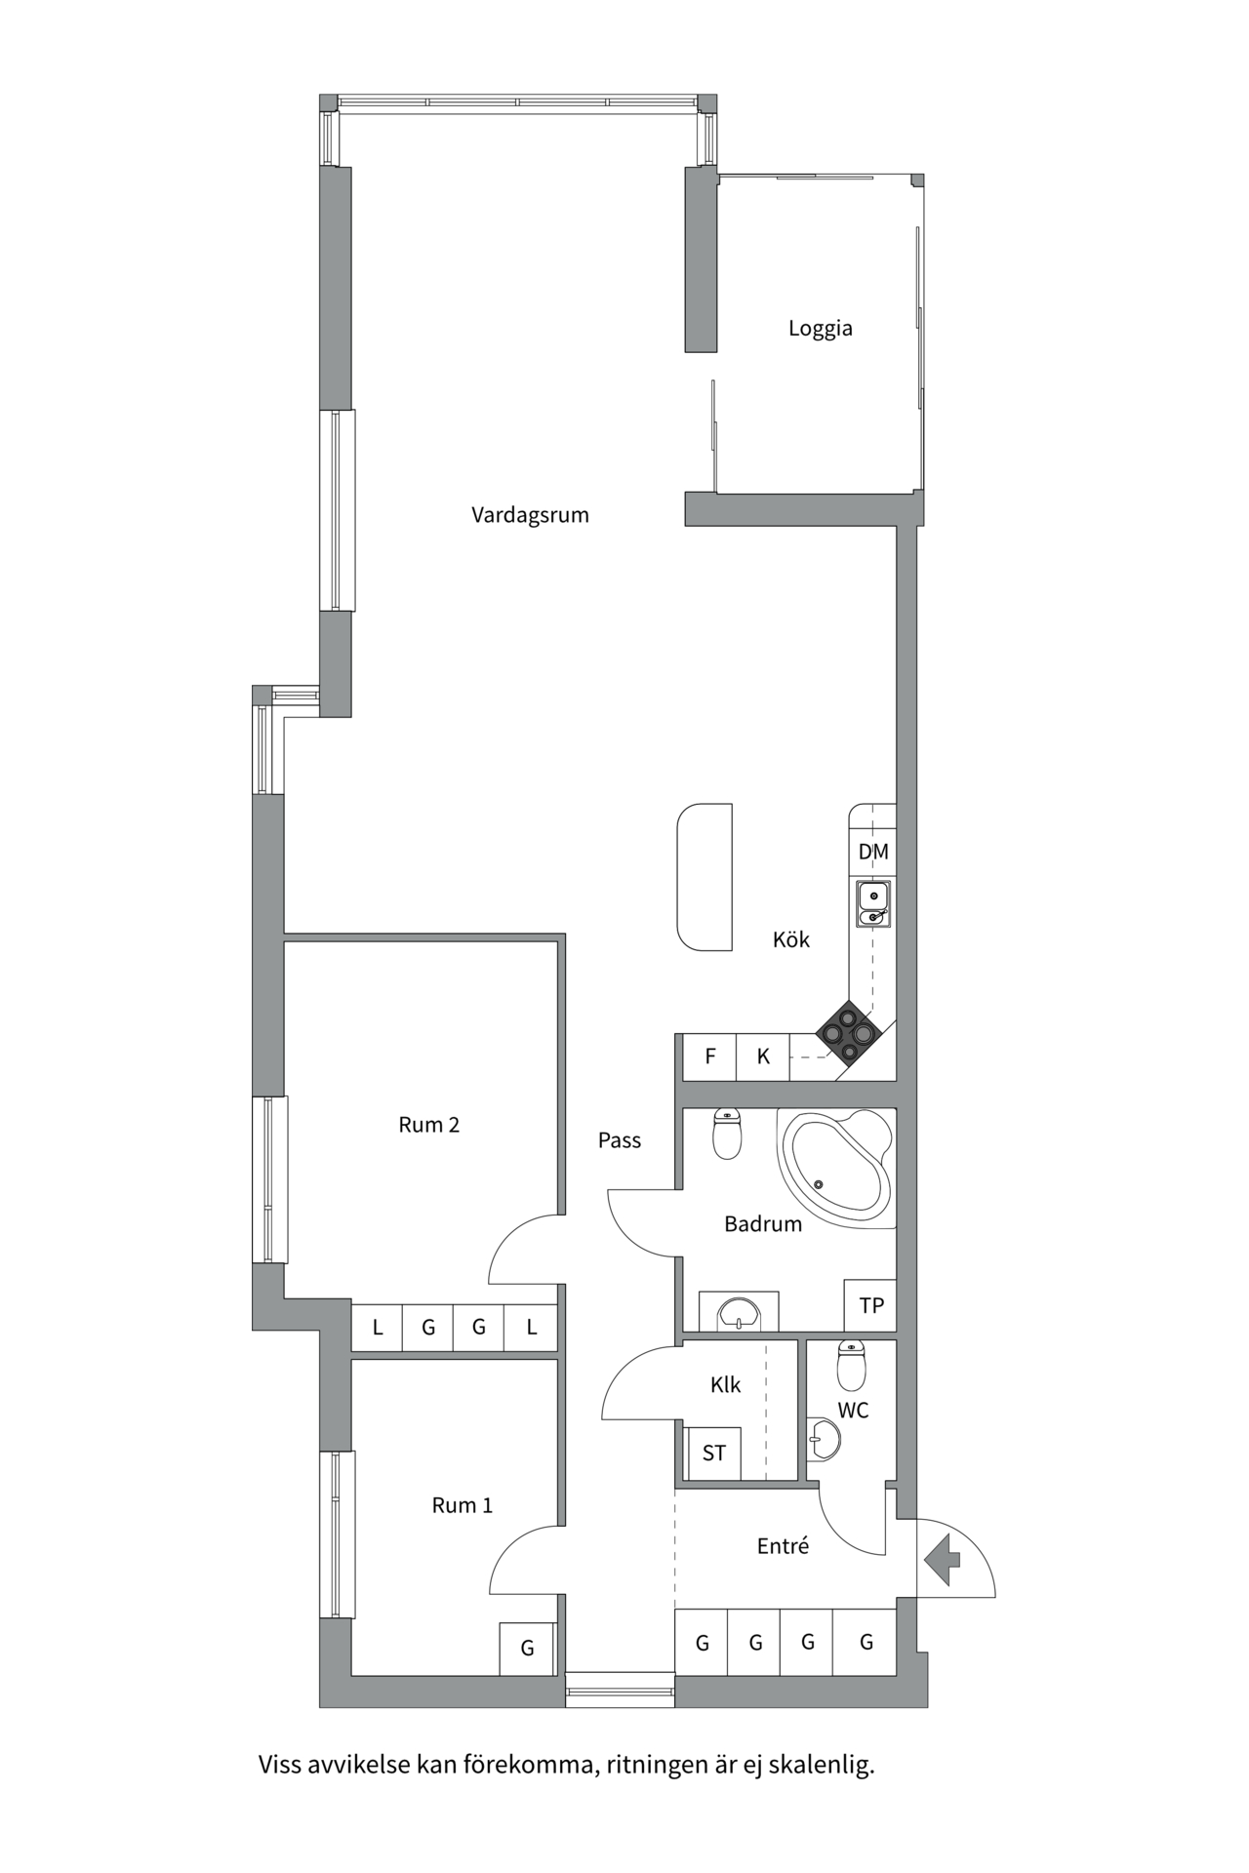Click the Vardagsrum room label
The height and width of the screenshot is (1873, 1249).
(x=530, y=515)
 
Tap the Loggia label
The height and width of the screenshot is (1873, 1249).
(x=820, y=329)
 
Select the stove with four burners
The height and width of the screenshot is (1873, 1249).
(x=848, y=1033)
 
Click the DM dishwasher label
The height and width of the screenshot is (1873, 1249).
(x=873, y=852)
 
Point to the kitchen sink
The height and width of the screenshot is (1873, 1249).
(x=873, y=904)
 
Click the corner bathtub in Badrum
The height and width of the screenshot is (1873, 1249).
(x=837, y=1167)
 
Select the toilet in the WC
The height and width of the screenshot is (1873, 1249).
(x=851, y=1366)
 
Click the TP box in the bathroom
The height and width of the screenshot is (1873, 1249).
(x=870, y=1305)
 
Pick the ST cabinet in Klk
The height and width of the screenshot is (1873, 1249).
(x=713, y=1454)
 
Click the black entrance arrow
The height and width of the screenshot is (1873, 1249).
(x=943, y=1559)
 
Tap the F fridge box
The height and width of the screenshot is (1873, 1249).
(x=710, y=1056)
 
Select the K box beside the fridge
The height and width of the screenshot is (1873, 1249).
(x=763, y=1056)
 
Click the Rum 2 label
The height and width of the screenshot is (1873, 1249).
(x=428, y=1125)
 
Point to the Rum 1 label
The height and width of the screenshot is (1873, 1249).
(x=462, y=1505)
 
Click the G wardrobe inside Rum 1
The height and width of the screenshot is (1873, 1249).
(x=527, y=1649)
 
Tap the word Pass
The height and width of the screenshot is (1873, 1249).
(x=620, y=1140)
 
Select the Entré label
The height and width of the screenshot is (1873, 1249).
(x=783, y=1546)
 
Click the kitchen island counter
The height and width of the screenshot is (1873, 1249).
(x=705, y=876)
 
